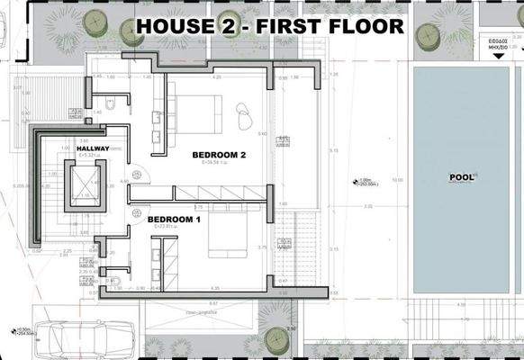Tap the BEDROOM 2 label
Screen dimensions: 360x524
coord(220,155)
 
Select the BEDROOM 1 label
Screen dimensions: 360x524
coord(174,219)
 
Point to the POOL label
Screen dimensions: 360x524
coord(462,177)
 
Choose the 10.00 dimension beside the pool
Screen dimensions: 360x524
coord(399,179)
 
